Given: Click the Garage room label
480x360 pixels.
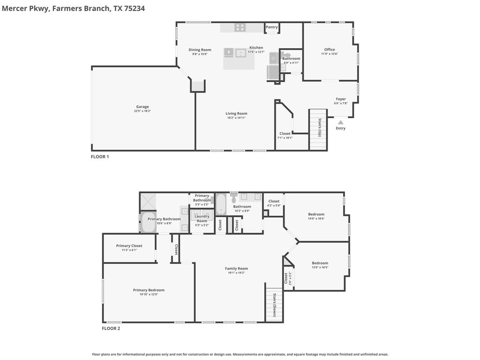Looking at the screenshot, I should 142,107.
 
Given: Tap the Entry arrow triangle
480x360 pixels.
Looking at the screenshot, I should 341,122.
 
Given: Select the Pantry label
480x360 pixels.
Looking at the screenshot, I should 272,27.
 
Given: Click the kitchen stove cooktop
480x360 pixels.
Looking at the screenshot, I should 240,28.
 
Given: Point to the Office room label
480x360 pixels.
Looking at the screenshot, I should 330,50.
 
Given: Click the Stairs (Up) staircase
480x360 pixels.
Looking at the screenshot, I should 318,130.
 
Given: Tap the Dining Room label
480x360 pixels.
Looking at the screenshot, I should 200,50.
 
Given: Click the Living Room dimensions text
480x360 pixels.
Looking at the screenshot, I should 236,118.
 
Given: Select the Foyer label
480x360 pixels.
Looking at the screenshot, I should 341,99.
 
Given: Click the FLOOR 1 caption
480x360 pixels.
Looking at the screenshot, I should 100,157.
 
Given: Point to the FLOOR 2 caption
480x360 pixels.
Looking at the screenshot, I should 111,329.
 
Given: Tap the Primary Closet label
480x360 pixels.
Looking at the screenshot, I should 129,246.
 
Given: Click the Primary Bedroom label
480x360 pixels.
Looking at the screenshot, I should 149,290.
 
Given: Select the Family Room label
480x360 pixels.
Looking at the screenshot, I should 236,269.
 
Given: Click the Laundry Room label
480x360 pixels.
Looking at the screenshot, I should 202,218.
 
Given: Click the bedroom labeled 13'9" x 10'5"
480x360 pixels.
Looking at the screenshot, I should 320,263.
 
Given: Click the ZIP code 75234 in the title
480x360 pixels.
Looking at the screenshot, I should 134,8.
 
